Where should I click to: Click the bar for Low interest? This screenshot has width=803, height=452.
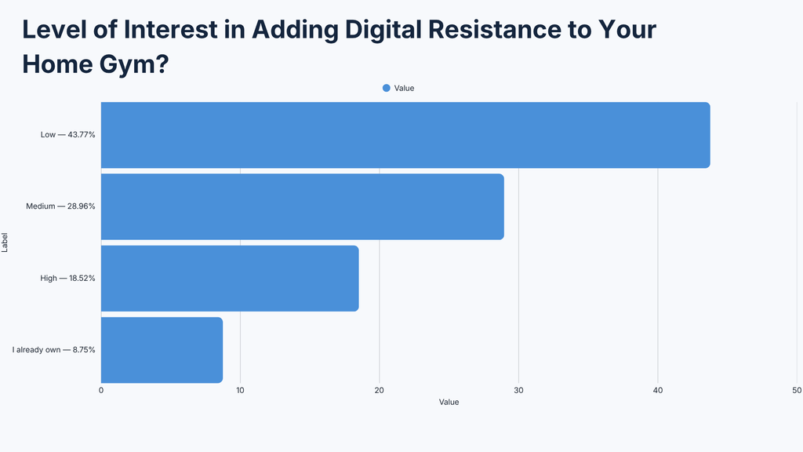[x=405, y=135]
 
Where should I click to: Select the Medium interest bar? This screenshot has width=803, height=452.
[x=302, y=206]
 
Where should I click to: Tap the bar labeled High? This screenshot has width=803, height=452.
[x=230, y=279]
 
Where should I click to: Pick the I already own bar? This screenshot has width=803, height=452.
[x=162, y=350]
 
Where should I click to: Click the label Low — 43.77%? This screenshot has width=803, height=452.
[x=68, y=135]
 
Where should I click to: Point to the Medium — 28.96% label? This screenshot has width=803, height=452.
[x=60, y=206]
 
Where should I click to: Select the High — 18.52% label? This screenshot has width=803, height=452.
[x=67, y=279]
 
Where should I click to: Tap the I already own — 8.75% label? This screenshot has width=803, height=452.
[x=54, y=350]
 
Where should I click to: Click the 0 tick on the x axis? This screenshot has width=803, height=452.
[x=101, y=391]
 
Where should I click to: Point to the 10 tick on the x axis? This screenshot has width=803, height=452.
[x=240, y=391]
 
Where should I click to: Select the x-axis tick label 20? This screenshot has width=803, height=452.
[x=380, y=391]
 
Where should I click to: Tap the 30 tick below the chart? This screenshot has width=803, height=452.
[x=519, y=391]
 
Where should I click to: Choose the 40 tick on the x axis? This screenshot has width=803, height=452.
[x=658, y=391]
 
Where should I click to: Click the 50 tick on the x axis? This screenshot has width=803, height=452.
[x=797, y=391]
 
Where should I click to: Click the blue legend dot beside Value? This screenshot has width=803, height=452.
[x=387, y=88]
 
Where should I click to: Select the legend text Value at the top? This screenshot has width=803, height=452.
[x=404, y=88]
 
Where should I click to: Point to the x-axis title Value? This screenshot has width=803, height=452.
[x=449, y=403]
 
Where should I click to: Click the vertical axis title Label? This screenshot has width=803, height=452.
[x=5, y=242]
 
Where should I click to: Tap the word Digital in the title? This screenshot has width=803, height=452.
[x=383, y=30]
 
